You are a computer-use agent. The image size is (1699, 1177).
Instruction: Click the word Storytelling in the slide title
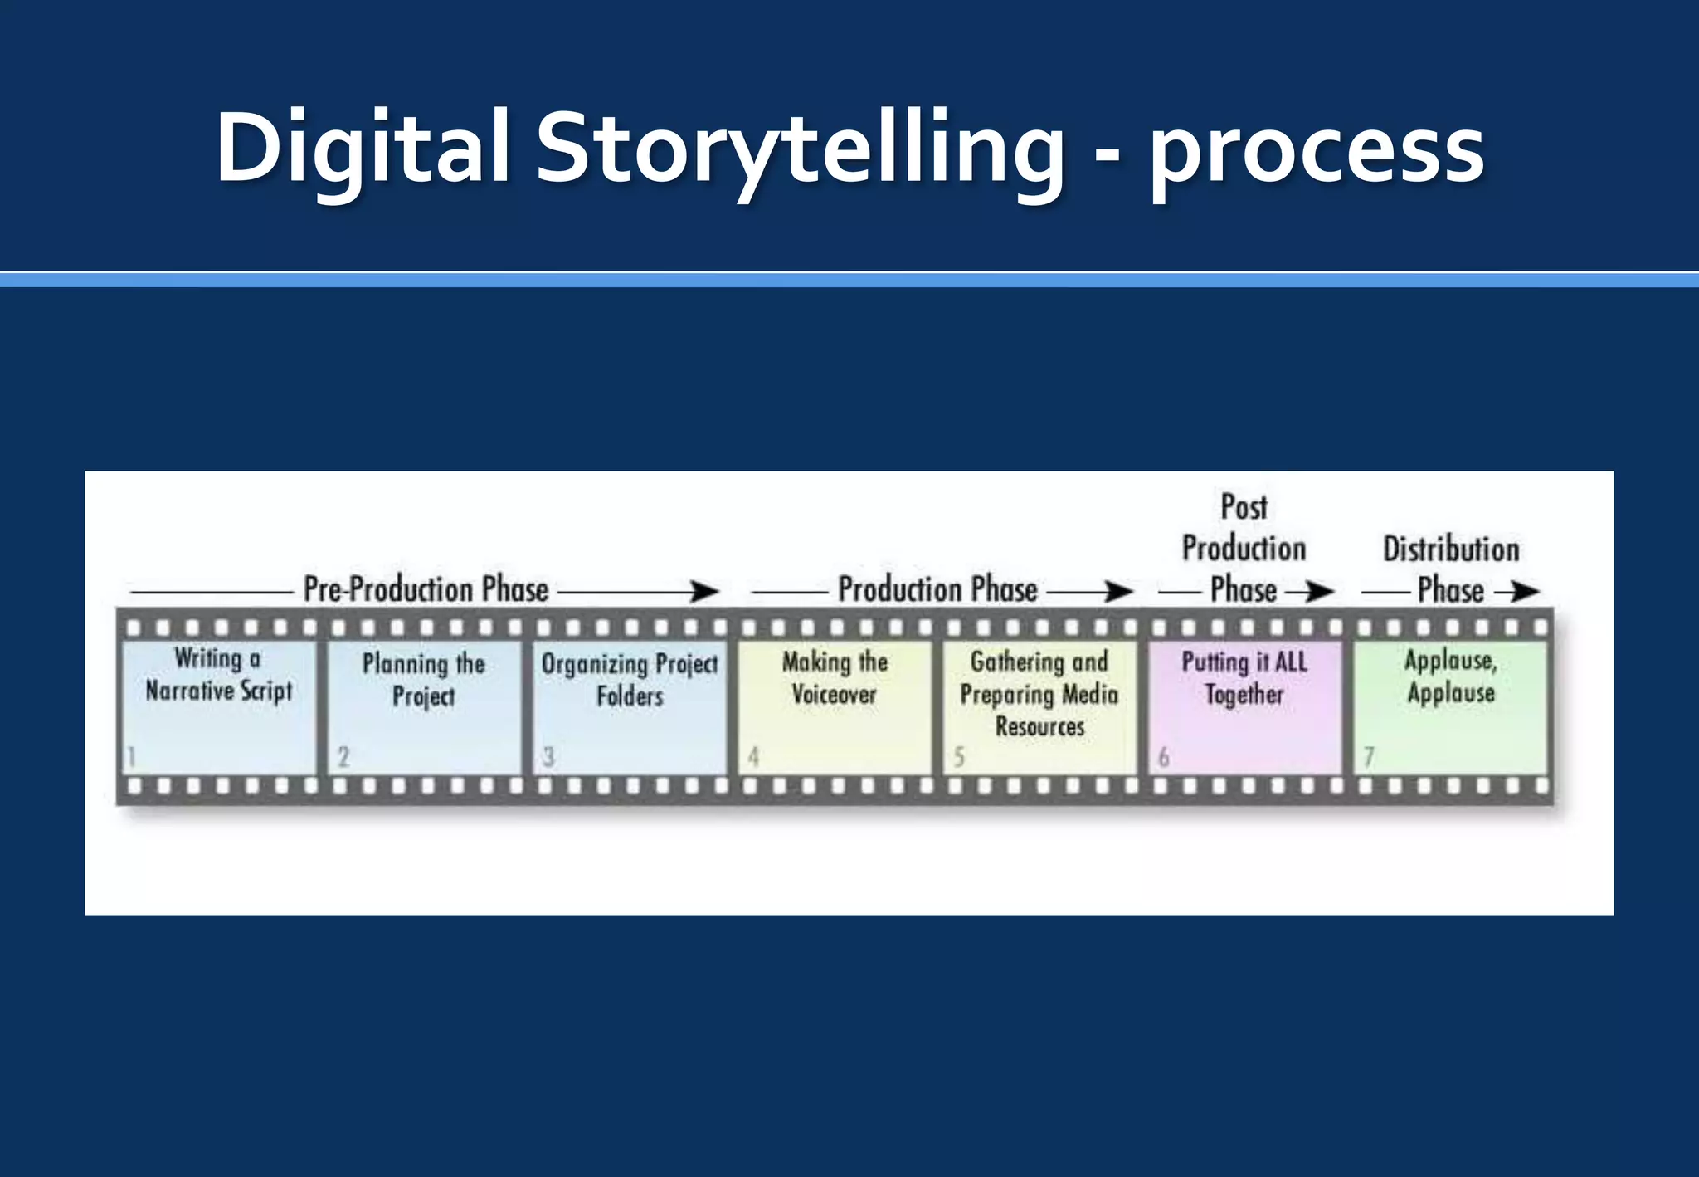[x=800, y=149]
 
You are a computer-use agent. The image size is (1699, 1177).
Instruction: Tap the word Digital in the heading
[x=363, y=149]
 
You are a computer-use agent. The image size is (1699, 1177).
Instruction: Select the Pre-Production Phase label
[x=426, y=589]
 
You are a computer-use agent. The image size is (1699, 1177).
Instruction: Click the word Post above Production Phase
[x=1244, y=507]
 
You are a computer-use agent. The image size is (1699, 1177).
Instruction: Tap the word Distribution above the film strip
[x=1451, y=549]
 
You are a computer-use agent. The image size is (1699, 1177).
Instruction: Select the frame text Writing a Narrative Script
[x=219, y=675]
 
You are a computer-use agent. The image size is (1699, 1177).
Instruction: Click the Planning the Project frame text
[x=424, y=680]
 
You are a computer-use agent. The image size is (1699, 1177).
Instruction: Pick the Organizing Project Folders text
[x=630, y=680]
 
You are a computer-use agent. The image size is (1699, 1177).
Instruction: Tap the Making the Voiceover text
[x=835, y=678]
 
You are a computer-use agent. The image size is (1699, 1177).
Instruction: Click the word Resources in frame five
[x=1040, y=727]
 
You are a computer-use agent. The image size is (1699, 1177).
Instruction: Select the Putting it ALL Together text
[x=1244, y=678]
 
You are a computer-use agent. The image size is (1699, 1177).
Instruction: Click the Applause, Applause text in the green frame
[x=1451, y=676]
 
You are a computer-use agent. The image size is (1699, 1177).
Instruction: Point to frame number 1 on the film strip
[x=131, y=757]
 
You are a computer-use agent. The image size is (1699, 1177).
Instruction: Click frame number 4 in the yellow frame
[x=753, y=757]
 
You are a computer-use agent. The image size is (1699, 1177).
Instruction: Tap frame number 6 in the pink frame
[x=1164, y=757]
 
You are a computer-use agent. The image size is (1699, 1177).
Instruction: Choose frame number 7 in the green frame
[x=1369, y=757]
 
